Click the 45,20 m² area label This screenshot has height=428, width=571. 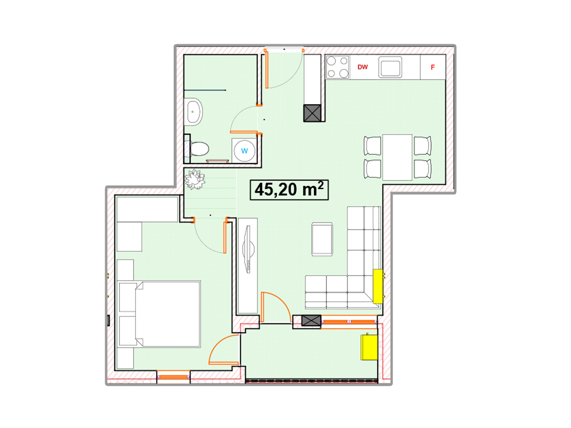[x=289, y=190]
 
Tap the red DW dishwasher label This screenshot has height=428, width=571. [x=363, y=67]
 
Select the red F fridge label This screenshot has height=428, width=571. [x=433, y=68]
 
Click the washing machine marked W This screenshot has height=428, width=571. [x=244, y=151]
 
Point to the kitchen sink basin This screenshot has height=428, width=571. [x=390, y=68]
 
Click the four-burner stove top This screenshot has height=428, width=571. [x=338, y=68]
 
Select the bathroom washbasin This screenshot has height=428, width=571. [x=193, y=112]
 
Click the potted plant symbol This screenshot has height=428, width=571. [x=195, y=179]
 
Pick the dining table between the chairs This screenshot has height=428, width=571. [x=397, y=157]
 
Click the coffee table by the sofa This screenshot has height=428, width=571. [x=322, y=239]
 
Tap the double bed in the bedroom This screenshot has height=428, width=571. [x=159, y=314]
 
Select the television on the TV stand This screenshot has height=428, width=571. [x=248, y=249]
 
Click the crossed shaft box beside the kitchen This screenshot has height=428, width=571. [x=312, y=113]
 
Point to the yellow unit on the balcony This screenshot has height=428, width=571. [x=369, y=347]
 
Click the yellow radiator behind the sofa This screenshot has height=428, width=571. [x=378, y=286]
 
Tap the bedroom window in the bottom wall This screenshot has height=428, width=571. [x=173, y=377]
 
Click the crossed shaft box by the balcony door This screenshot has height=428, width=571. [x=311, y=321]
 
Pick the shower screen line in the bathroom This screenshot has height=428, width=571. [x=205, y=90]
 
